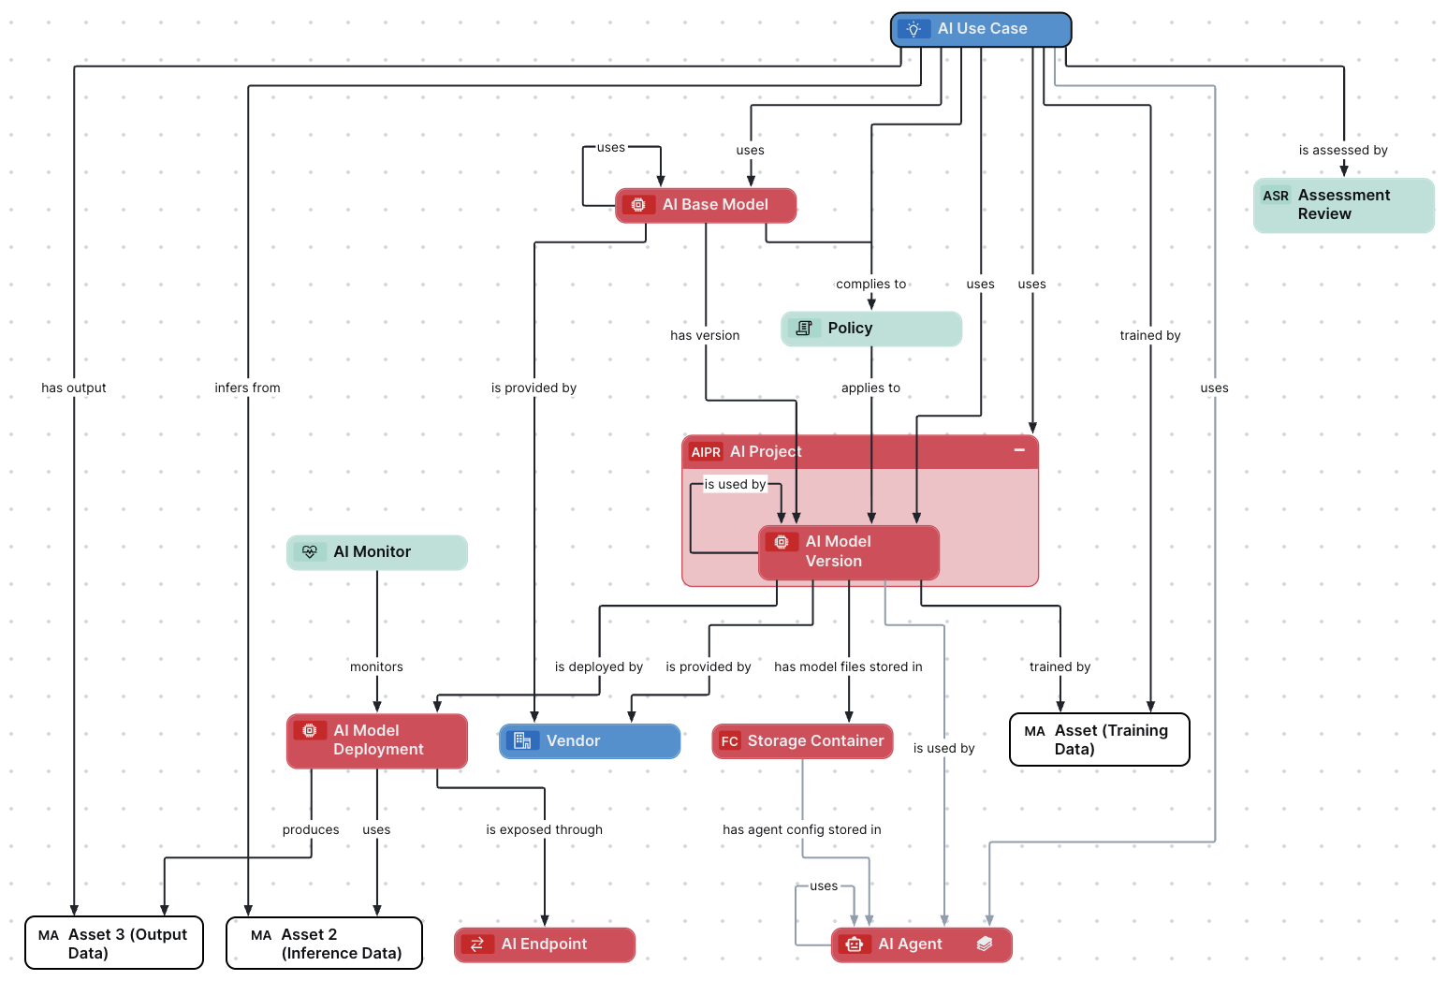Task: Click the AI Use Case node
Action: click(981, 29)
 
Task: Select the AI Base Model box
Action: click(706, 205)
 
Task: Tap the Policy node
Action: click(870, 329)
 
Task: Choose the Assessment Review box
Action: click(1343, 205)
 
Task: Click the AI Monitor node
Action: click(376, 552)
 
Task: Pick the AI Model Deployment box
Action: click(376, 740)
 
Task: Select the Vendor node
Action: click(589, 741)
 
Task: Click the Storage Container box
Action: click(802, 741)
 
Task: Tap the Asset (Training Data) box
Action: click(1099, 739)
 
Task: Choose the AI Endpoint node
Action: click(544, 944)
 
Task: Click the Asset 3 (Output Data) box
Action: click(114, 944)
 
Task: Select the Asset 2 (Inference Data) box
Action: click(324, 944)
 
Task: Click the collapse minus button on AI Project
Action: click(1019, 450)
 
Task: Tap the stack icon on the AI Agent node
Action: click(985, 944)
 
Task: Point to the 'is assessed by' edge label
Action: click(1343, 151)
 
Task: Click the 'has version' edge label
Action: click(705, 336)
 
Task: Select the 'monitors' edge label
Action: click(376, 667)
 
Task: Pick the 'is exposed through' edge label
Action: click(544, 830)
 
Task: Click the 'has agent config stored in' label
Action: click(801, 830)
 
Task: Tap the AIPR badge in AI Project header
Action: click(706, 452)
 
